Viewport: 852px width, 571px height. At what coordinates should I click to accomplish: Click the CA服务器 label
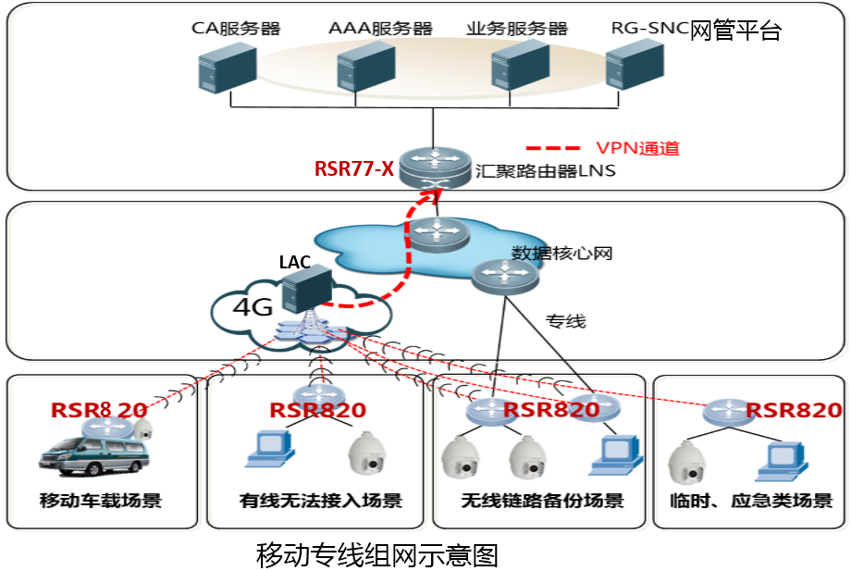[x=236, y=28]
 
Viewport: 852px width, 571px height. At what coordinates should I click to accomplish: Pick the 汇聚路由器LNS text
[x=545, y=171]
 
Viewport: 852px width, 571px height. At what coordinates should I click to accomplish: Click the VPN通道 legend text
[x=637, y=148]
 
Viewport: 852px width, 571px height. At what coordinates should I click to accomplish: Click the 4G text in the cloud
[x=251, y=306]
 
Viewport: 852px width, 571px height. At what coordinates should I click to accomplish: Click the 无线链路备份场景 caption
[x=542, y=502]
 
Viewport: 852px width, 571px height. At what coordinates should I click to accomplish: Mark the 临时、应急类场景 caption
[x=750, y=502]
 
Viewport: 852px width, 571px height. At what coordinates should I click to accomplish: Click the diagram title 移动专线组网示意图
[x=377, y=555]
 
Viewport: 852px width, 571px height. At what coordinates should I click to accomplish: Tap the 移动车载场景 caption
[x=101, y=502]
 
